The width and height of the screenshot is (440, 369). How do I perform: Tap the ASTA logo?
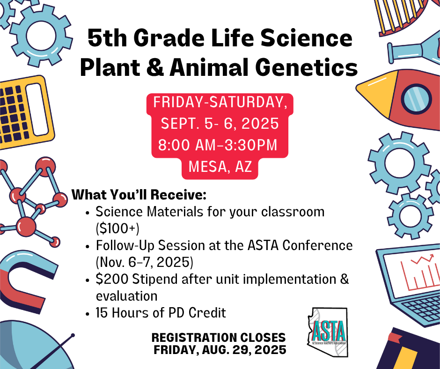pos(328,332)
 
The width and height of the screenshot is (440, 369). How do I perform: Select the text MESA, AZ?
pos(220,167)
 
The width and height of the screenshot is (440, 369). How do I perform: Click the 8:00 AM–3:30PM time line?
pos(218,145)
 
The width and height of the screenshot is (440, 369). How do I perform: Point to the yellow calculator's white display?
pos(37,110)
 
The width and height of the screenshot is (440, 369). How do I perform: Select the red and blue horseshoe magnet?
pos(25,281)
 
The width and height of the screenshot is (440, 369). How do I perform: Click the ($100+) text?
pos(117,229)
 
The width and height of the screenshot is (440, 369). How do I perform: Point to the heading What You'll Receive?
pos(139,195)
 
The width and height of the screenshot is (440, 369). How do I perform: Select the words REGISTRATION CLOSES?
pos(219,338)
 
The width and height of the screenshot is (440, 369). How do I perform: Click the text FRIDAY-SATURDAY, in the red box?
pos(220,102)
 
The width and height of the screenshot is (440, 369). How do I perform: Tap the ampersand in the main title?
pos(155,68)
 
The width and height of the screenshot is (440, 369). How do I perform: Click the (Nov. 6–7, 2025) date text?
pos(145,262)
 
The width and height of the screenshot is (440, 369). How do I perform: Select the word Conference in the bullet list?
pos(317,245)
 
